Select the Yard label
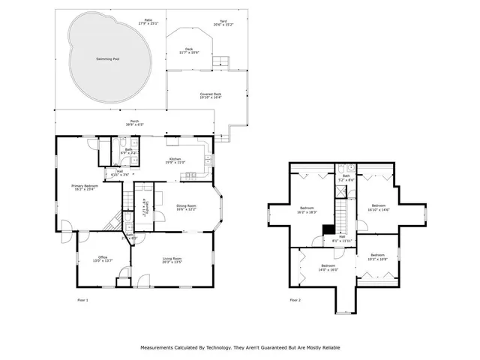[x=223, y=22]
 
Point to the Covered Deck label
[x=210, y=95]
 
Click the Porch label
[x=134, y=122]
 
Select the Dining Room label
[x=187, y=207]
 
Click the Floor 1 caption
[x=82, y=300]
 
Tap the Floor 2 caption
[x=295, y=300]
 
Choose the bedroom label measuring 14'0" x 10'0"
[x=328, y=267]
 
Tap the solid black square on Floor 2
[x=327, y=230]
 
